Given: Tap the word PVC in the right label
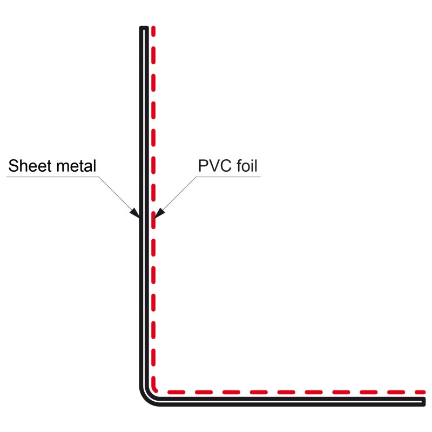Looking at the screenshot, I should [215, 166].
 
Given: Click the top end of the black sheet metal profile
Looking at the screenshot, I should [144, 28].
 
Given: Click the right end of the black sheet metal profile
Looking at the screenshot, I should [424, 401].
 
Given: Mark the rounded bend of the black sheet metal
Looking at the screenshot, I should [148, 396].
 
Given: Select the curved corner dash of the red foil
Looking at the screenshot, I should [157, 387].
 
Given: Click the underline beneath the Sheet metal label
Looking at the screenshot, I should [54, 176].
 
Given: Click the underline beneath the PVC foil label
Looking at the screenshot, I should [227, 176].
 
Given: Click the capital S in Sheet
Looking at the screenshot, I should [13, 166].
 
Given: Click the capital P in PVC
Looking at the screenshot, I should [204, 166].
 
